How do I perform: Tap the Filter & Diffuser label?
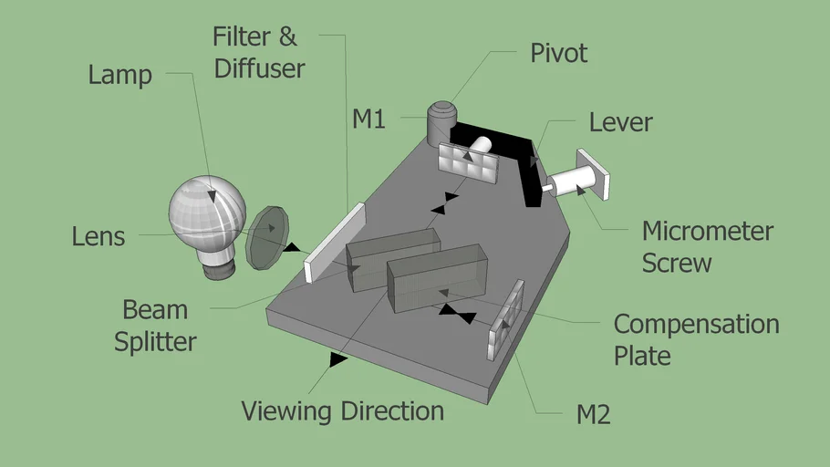[x=255, y=52]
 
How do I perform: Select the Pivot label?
[x=559, y=53]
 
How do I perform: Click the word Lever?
[x=620, y=121]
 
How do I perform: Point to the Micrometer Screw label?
[x=707, y=246]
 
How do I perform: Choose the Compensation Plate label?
[x=696, y=338]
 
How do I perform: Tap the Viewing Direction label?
[x=342, y=410]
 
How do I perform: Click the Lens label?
[x=99, y=236]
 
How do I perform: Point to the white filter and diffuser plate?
[x=335, y=243]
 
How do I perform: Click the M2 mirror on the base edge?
[x=507, y=320]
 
